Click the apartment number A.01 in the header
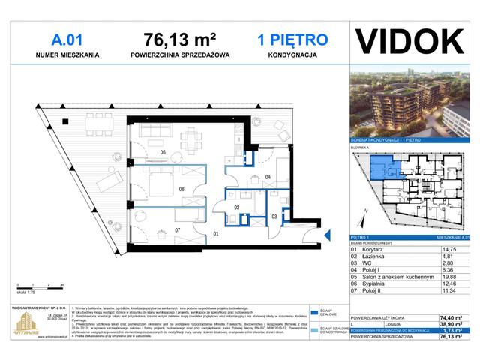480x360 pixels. tap(67, 38)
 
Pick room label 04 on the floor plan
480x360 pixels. tap(268, 177)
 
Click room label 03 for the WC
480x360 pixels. tap(274, 217)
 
